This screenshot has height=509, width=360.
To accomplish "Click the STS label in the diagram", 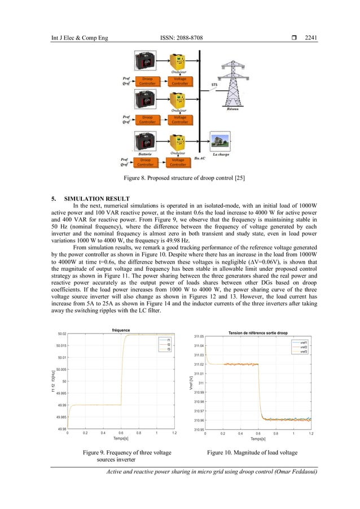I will [214, 86].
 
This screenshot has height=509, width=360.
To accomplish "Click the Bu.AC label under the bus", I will [200, 159].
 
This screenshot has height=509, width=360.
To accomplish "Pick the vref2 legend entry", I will [303, 347].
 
